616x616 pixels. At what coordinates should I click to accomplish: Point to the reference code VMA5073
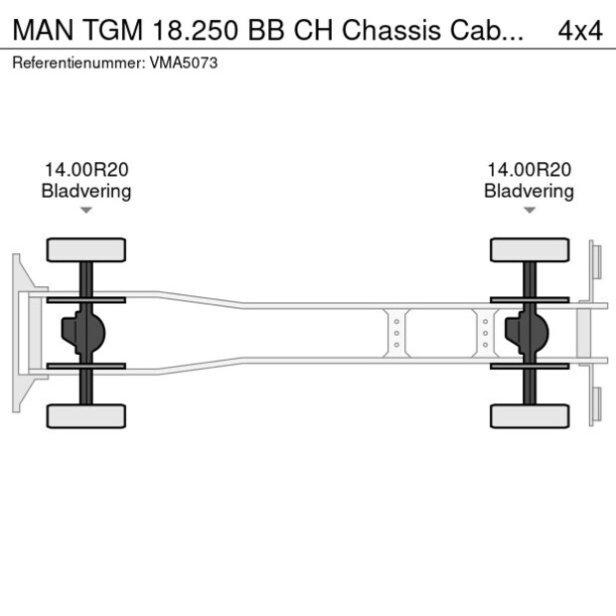coord(186,63)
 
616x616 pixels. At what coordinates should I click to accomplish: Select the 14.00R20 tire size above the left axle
coord(85,171)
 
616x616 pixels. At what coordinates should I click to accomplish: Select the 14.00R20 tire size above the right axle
coord(529,171)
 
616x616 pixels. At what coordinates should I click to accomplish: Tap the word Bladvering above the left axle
coord(85,191)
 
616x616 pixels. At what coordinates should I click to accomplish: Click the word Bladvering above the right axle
coord(529,191)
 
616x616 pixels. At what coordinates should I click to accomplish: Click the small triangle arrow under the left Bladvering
coord(86,210)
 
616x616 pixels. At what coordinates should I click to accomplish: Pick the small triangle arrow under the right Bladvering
coord(530,210)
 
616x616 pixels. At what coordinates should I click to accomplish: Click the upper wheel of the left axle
coord(86,249)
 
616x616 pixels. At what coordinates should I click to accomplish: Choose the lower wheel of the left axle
coord(86,415)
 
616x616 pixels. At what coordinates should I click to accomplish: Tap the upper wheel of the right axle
coord(530,249)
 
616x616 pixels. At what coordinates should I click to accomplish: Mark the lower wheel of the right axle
coord(530,415)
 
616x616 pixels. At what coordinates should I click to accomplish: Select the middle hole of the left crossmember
coord(396,333)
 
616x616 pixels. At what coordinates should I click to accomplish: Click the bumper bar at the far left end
coord(17,333)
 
